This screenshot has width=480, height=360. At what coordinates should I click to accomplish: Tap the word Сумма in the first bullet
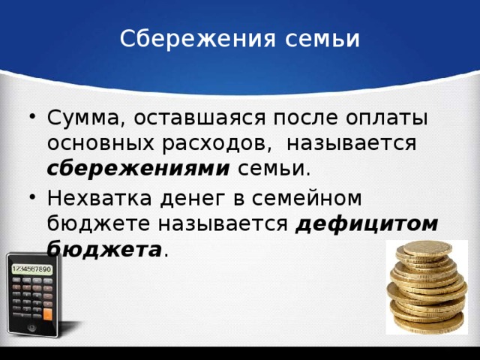tap(77, 118)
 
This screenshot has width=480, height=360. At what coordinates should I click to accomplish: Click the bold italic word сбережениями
tap(138, 168)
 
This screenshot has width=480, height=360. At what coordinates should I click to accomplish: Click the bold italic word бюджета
tap(104, 249)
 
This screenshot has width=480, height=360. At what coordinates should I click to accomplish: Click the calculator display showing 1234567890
tap(31, 268)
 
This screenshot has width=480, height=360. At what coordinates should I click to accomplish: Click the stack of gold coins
tap(426, 289)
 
